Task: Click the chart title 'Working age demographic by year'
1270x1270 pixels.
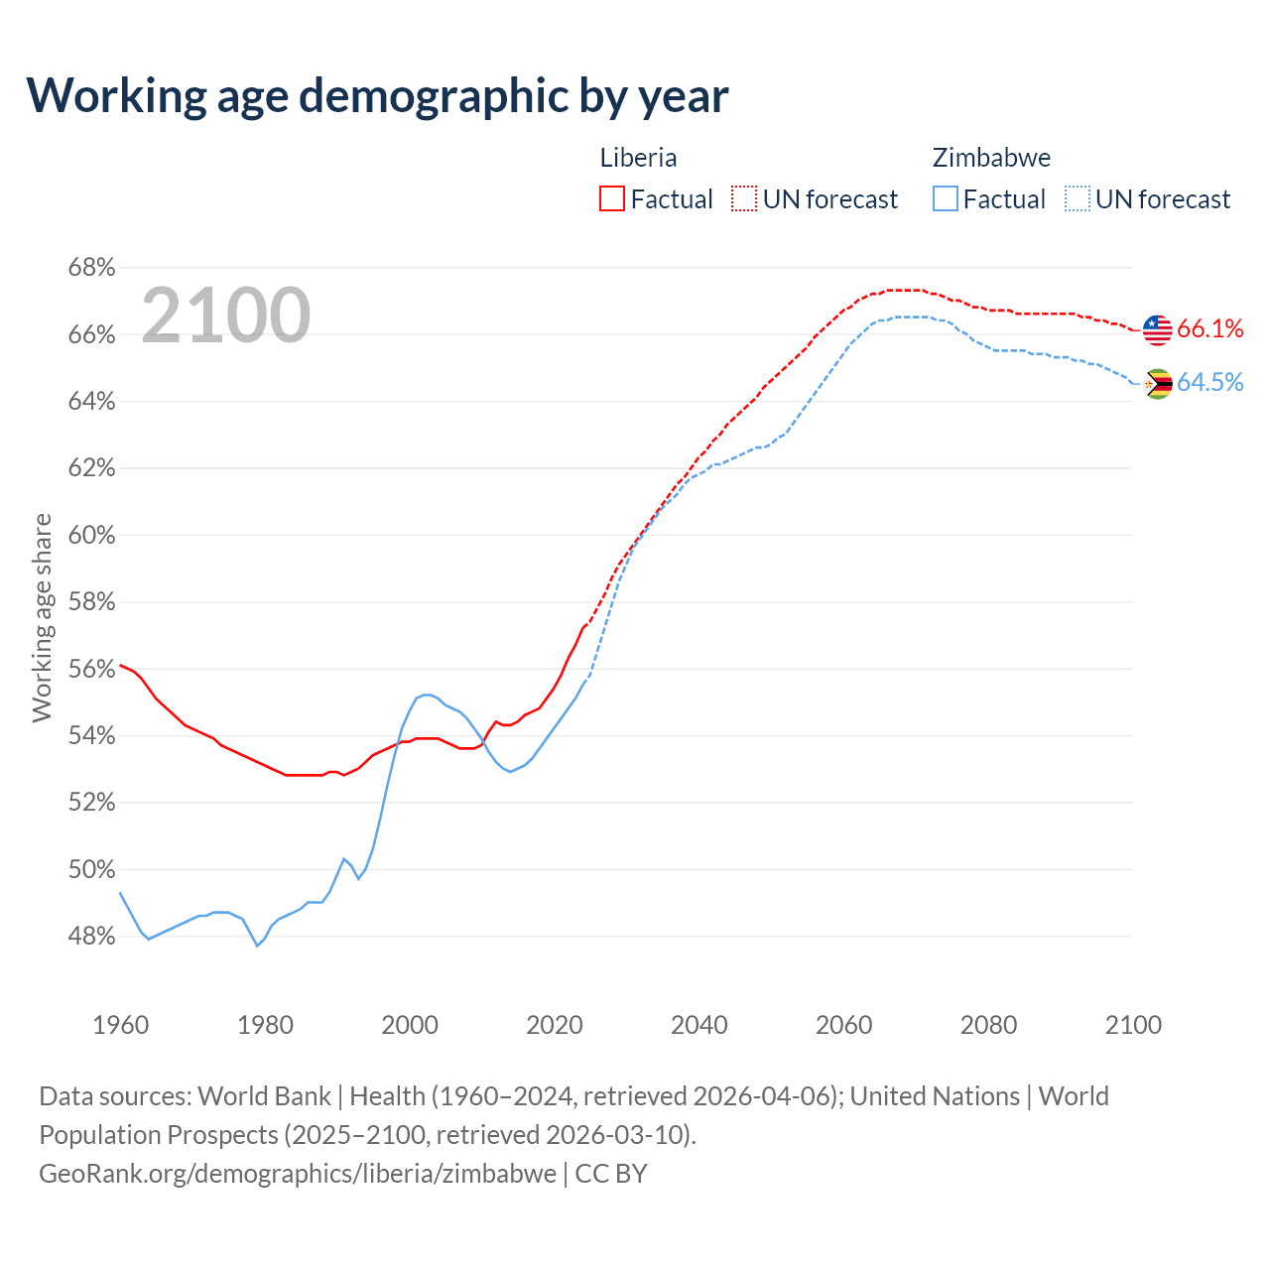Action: point(378,95)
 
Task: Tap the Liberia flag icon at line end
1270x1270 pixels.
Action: point(1157,329)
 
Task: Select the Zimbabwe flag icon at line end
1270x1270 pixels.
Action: point(1157,384)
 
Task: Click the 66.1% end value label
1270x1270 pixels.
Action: point(1209,329)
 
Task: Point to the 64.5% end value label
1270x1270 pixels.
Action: point(1209,383)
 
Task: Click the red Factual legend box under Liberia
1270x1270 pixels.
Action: point(612,199)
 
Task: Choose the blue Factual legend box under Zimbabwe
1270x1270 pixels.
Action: point(946,199)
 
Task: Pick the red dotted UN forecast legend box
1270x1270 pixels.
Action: point(744,199)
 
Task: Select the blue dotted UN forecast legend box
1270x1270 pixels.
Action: point(1078,199)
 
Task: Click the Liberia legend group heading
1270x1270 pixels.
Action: point(638,158)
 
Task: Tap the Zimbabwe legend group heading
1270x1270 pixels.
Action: point(991,158)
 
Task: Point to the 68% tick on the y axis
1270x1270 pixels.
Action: point(91,268)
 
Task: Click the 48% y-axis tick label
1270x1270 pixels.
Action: point(91,937)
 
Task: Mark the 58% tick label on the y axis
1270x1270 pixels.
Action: point(91,602)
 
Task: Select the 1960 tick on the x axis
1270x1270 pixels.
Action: point(120,1025)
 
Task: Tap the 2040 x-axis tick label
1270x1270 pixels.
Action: point(698,1025)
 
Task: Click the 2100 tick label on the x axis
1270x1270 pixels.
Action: point(1132,1025)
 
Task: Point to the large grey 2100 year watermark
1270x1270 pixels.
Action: point(226,316)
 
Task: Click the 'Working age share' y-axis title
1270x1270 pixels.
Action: point(42,618)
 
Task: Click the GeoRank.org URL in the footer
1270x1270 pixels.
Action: point(298,1174)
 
